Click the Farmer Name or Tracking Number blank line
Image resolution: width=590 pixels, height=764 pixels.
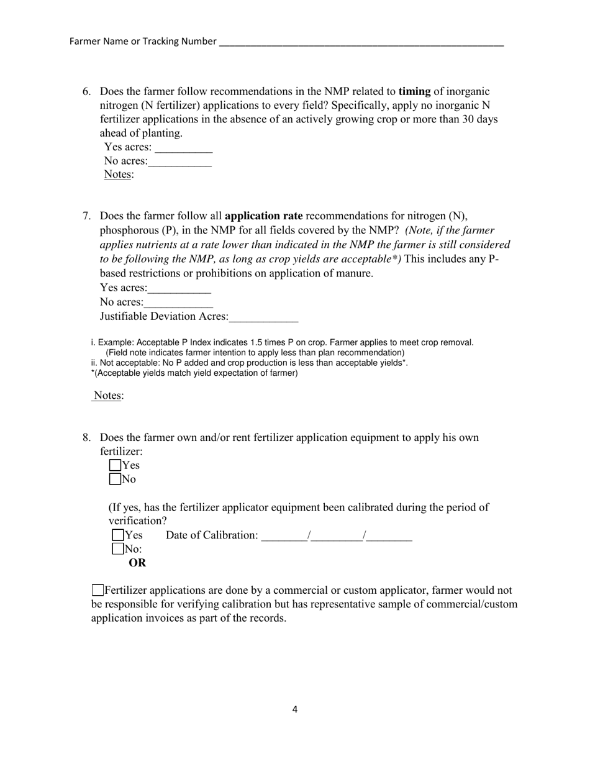[361, 42]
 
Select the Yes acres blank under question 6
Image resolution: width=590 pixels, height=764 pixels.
[183, 148]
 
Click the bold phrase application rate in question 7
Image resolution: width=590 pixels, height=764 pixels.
[263, 216]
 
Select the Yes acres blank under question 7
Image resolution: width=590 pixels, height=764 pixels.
[179, 289]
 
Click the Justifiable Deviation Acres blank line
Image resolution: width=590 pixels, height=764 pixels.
[263, 317]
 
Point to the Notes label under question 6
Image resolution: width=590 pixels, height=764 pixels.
[117, 175]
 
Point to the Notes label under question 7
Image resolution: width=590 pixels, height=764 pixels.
[108, 396]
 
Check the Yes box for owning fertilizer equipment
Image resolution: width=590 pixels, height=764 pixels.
[115, 465]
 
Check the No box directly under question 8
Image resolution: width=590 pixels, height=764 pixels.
[115, 479]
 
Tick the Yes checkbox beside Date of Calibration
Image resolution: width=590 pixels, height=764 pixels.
[118, 535]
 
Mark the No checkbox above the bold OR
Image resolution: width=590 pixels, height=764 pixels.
[118, 548]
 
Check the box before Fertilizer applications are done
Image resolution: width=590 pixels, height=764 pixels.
[98, 590]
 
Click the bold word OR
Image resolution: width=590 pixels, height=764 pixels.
[137, 563]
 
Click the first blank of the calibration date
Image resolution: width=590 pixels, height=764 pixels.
[284, 536]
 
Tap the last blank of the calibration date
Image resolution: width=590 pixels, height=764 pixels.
[389, 536]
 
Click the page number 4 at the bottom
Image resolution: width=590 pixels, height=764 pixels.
[295, 709]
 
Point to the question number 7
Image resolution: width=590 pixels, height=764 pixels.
[87, 216]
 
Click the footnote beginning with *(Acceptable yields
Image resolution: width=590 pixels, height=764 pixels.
[194, 373]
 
